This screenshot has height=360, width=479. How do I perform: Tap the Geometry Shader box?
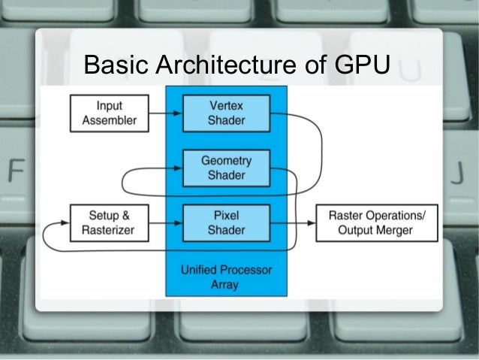tap(226, 168)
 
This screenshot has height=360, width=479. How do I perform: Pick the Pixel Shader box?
tap(226, 222)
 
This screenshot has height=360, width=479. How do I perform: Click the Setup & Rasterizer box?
tap(110, 222)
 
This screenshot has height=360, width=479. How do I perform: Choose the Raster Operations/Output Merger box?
tap(376, 222)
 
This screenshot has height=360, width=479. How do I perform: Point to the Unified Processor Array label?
tap(226, 276)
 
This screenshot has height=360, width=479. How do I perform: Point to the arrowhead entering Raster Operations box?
tap(311, 222)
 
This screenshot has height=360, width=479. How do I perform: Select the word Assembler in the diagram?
tap(110, 119)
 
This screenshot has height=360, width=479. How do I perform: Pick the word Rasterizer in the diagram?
tap(110, 230)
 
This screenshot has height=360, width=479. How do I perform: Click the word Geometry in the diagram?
tap(226, 161)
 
